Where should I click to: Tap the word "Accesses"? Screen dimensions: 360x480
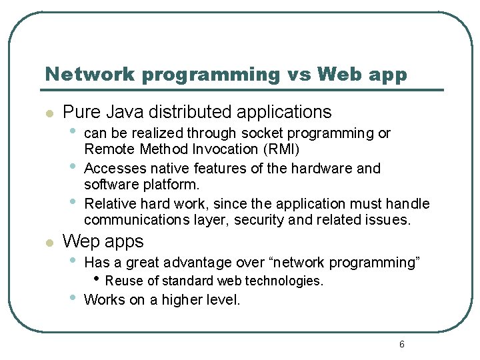pos(111,169)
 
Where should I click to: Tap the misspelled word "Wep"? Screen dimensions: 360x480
pos(80,241)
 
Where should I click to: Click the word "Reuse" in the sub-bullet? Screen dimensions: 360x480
pos(122,281)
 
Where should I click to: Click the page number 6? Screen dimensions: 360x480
pos(401,344)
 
